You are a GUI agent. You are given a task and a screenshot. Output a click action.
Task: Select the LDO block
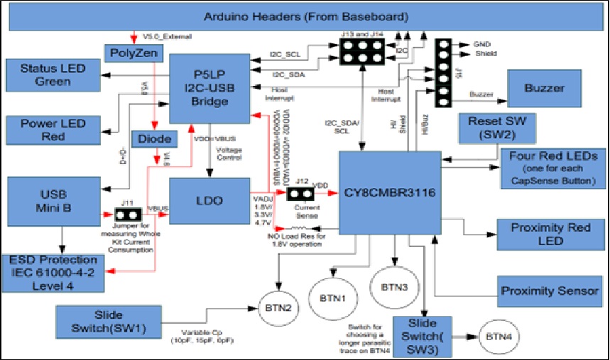209,201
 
